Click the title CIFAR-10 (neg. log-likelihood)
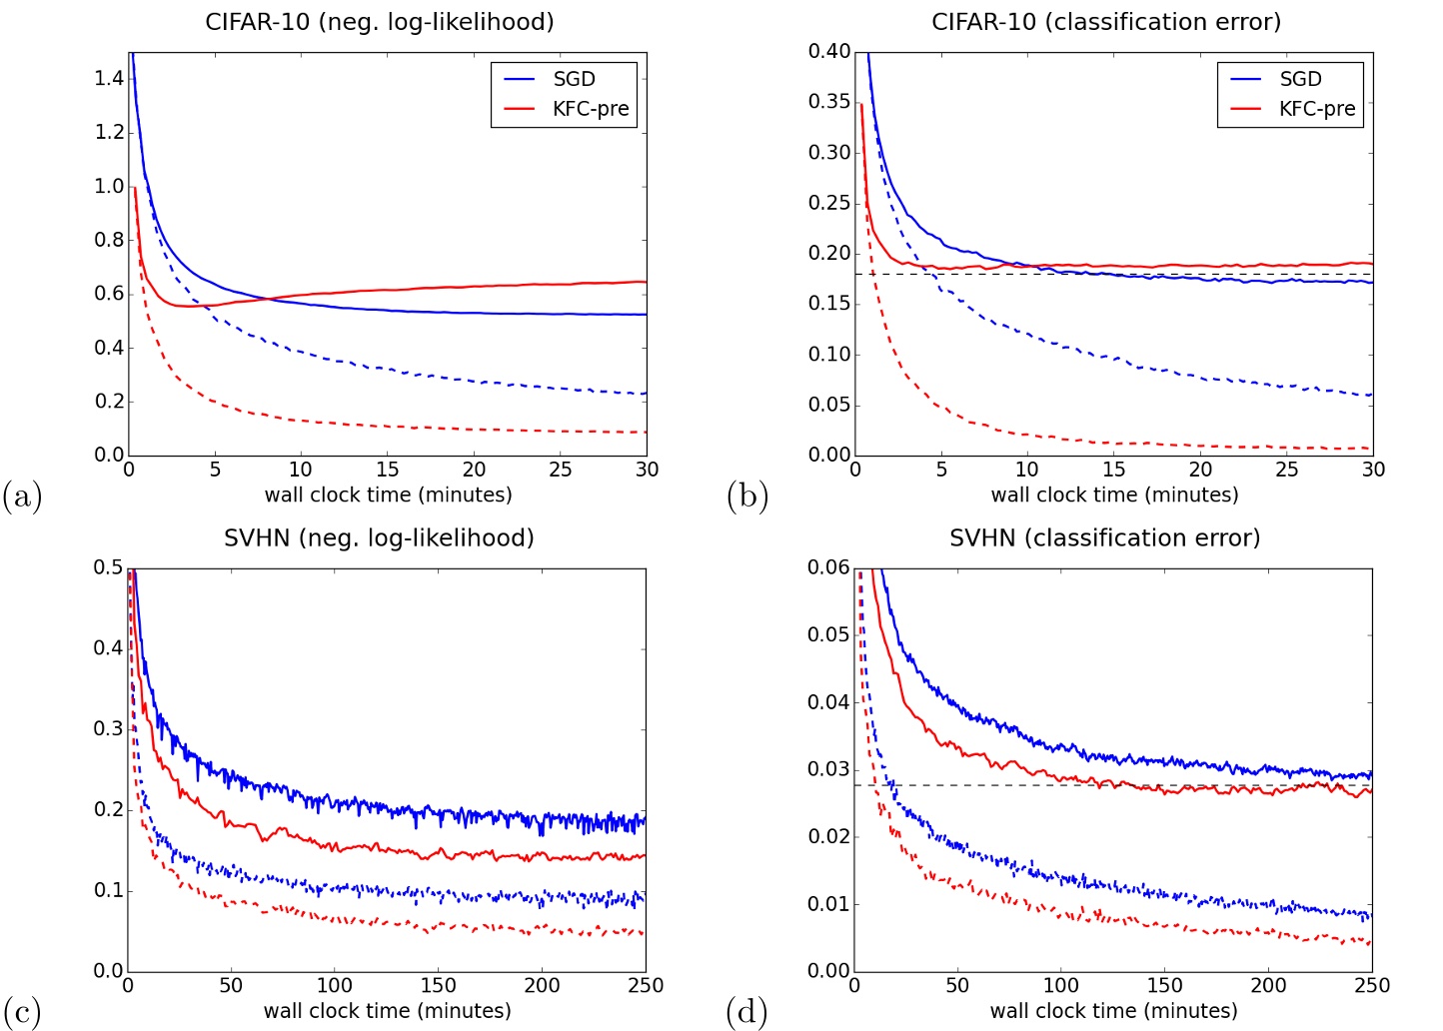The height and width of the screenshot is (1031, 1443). (379, 22)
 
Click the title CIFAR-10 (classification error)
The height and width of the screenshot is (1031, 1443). (1105, 22)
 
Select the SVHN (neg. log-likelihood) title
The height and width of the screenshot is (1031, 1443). (379, 538)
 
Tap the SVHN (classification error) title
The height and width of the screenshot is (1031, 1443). (1104, 538)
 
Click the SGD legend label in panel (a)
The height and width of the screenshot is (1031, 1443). (574, 79)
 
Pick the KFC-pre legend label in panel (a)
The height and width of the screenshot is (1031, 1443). (591, 109)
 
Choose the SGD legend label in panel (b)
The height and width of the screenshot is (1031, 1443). (1300, 79)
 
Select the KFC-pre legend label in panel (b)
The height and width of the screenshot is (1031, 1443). (1317, 109)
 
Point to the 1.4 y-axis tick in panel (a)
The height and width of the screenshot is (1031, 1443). (109, 78)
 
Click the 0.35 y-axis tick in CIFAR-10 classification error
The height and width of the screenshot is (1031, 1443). (829, 102)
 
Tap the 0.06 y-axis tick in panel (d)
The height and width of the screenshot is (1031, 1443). (829, 567)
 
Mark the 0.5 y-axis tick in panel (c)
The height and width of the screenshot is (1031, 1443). (109, 567)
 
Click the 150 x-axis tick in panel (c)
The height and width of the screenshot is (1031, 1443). (438, 985)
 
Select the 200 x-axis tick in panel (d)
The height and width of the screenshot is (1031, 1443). (1268, 985)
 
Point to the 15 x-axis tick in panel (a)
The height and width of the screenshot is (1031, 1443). (388, 470)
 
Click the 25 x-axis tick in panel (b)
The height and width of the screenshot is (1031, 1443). (1287, 470)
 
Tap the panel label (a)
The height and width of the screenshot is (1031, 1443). (22, 496)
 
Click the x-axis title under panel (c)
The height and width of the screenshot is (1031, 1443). (388, 1011)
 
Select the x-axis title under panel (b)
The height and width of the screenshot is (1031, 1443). (1114, 495)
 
